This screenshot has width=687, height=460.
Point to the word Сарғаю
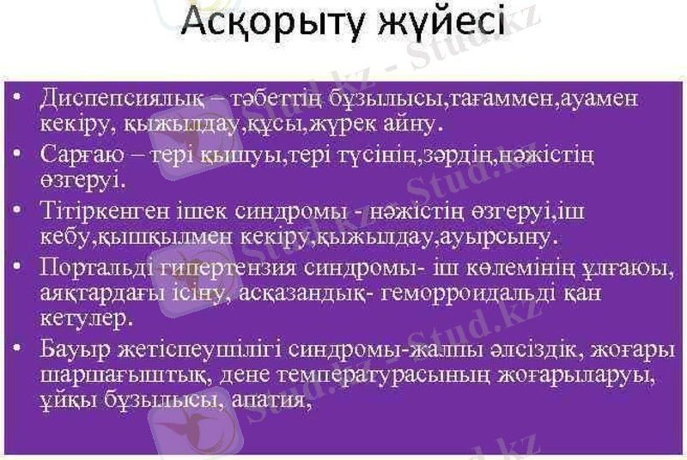pos(75,156)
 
